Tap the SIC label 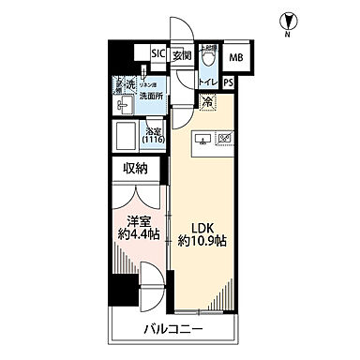(x=158, y=54)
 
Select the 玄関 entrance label (x=180, y=54)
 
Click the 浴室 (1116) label (x=153, y=134)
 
